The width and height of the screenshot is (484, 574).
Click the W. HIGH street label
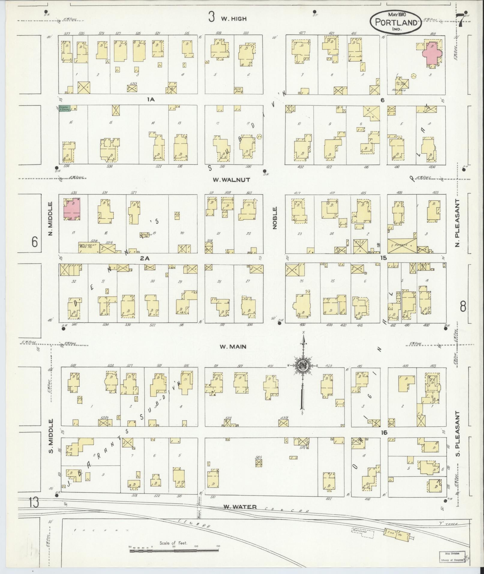[234, 19]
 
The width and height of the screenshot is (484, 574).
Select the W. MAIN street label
[233, 347]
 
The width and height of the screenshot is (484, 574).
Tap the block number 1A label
[150, 99]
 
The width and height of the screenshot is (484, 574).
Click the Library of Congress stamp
[452, 558]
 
